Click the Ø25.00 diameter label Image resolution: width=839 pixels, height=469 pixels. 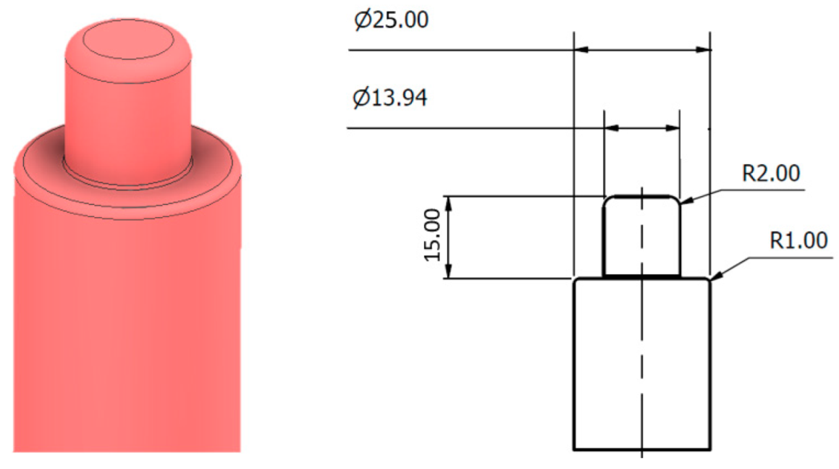pyautogui.click(x=390, y=20)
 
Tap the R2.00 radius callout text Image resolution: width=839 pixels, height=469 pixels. pyautogui.click(x=770, y=174)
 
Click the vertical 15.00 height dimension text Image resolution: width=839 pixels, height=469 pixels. pyautogui.click(x=432, y=236)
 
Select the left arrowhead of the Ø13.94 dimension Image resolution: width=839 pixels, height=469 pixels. pyautogui.click(x=610, y=128)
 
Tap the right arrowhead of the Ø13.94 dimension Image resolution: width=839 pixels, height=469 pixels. pyautogui.click(x=674, y=128)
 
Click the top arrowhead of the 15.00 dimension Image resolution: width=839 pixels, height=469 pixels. pyautogui.click(x=449, y=201)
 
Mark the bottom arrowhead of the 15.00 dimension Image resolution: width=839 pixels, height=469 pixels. pyautogui.click(x=449, y=272)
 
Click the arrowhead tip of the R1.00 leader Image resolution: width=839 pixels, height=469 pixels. pyautogui.click(x=712, y=279)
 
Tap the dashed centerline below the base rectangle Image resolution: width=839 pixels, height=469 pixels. pyautogui.click(x=642, y=455)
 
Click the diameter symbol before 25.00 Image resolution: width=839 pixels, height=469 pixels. pyautogui.click(x=361, y=20)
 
